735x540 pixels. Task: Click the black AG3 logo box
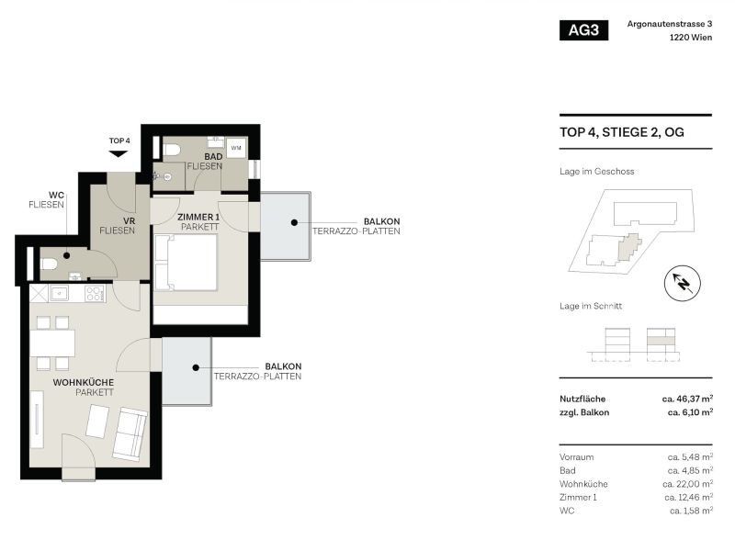pos(583,30)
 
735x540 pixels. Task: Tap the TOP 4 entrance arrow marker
pos(119,152)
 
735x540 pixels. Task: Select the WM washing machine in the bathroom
pos(236,148)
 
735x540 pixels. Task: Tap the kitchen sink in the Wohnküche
pos(58,294)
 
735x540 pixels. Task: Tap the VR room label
pos(117,219)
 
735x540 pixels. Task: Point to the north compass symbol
pos(682,281)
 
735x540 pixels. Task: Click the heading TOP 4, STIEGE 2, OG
pos(621,132)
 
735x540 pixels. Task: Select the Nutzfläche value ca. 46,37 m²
pos(686,399)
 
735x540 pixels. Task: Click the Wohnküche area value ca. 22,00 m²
pos(687,483)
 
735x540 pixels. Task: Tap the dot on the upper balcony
pos(293,222)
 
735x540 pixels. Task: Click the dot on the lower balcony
pos(196,367)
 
